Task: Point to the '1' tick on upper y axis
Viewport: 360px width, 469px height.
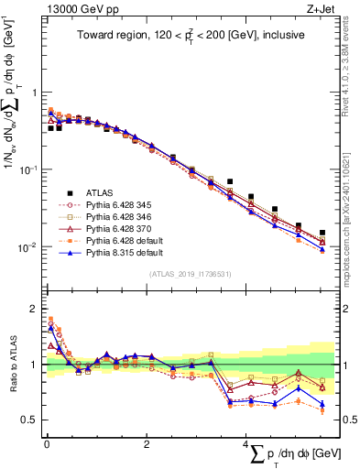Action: [35, 93]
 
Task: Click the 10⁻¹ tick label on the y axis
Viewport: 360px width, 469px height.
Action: [29, 169]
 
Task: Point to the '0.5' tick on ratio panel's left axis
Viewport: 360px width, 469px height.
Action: [30, 420]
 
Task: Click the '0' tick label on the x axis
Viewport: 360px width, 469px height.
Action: [47, 444]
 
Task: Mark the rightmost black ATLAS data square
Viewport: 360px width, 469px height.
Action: [322, 234]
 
